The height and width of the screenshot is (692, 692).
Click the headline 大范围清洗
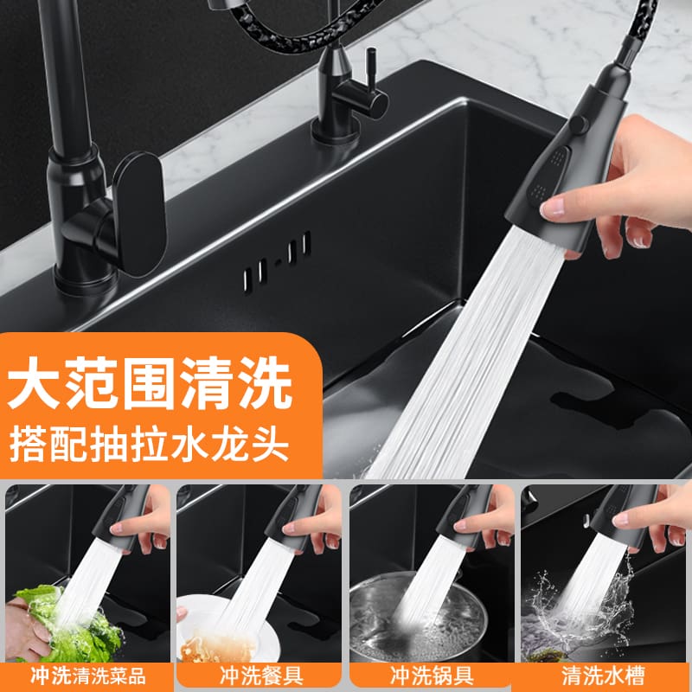point(150,382)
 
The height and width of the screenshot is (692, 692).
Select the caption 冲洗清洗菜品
point(88,676)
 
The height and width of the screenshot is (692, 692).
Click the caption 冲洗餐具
point(261,676)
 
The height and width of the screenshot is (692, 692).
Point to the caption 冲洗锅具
point(432,676)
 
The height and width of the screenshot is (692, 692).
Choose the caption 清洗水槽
point(603,676)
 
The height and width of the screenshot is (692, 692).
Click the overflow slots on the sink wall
point(277,260)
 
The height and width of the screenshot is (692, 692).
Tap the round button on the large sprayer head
point(578,125)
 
